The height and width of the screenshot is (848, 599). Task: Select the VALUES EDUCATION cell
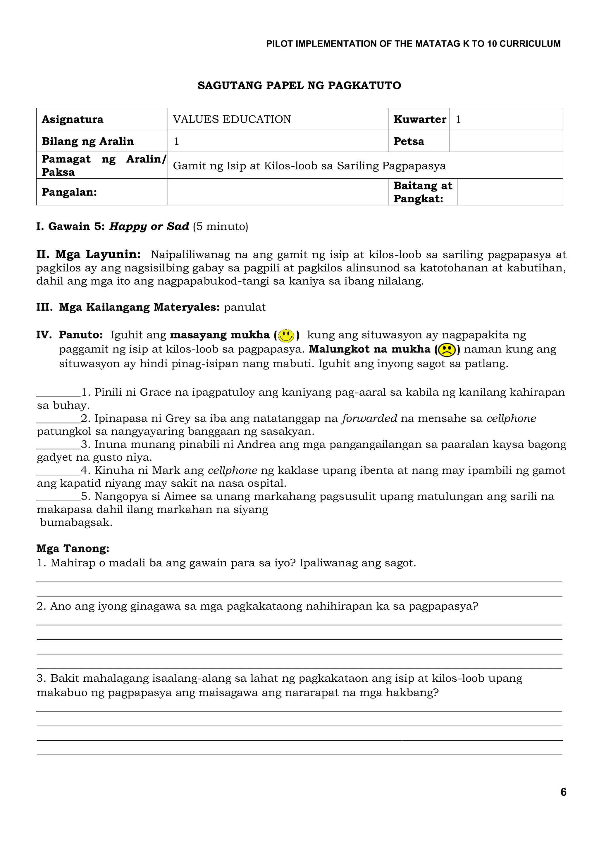click(x=232, y=119)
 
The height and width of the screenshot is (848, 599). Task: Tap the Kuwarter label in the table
click(x=419, y=119)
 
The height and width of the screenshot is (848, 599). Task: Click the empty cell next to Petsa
click(x=506, y=141)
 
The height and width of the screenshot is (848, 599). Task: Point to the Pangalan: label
click(x=69, y=192)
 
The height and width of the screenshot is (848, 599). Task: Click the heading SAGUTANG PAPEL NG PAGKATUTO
click(x=299, y=85)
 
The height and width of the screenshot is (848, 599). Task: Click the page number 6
click(x=563, y=792)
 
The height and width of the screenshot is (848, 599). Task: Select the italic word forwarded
click(x=369, y=418)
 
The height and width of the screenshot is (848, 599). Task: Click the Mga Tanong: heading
click(x=73, y=548)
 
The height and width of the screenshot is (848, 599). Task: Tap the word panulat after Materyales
click(x=245, y=307)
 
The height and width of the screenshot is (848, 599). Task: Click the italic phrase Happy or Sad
click(x=149, y=226)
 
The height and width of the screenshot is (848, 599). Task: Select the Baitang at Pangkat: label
click(x=422, y=192)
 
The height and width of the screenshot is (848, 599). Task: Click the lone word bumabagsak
click(x=76, y=522)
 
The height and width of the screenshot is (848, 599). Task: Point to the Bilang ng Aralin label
click(x=87, y=141)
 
